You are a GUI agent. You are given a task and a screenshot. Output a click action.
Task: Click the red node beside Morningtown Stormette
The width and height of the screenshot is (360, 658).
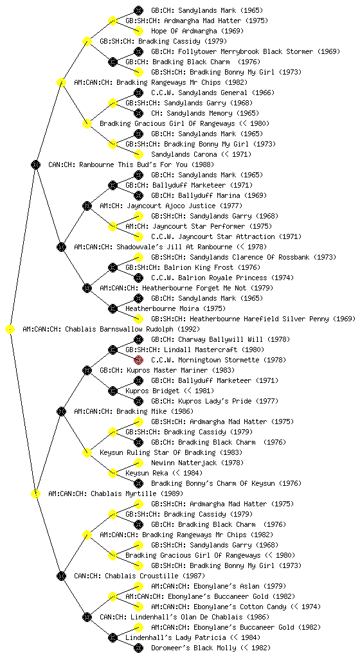[138, 360]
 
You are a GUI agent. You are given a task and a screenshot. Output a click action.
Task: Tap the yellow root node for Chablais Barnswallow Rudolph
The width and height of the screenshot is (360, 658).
[10, 329]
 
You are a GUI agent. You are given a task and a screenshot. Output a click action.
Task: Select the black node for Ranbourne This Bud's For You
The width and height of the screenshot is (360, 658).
[35, 164]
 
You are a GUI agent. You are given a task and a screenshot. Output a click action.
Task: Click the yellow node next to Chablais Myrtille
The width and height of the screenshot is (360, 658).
[35, 493]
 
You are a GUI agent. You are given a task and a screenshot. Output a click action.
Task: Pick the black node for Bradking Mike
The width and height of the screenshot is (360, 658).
[61, 411]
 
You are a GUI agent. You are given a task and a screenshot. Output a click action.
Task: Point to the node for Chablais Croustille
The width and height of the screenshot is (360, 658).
[61, 576]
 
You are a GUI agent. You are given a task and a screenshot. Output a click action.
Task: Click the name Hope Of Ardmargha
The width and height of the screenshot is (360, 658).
[184, 31]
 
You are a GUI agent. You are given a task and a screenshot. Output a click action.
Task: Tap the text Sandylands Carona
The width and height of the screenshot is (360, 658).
[184, 154]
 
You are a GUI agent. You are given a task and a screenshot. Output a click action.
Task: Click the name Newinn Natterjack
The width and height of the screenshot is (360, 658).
[184, 463]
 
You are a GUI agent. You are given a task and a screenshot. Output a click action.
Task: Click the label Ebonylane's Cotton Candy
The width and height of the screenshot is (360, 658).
[240, 607]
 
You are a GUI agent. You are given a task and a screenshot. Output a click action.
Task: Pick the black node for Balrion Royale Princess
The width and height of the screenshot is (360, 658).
[138, 278]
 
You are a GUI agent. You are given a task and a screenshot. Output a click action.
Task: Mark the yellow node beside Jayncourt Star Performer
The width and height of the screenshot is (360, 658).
[113, 226]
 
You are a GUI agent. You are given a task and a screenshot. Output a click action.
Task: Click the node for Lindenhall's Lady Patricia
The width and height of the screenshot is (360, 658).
[113, 637]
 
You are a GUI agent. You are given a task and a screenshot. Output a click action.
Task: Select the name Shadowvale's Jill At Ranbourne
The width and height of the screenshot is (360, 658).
[175, 247]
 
